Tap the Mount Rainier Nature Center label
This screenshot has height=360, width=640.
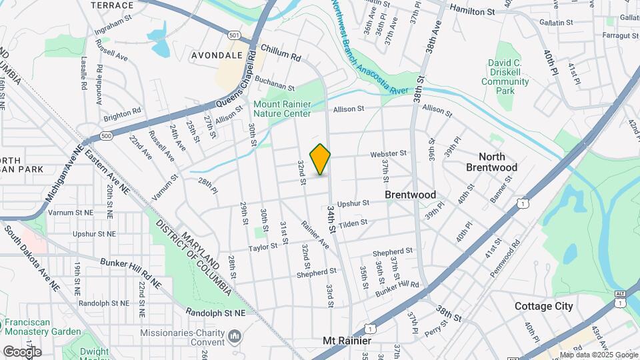click(282, 109)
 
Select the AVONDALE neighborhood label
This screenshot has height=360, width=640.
click(217, 55)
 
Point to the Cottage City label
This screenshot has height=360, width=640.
click(543, 307)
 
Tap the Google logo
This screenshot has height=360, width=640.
click(21, 351)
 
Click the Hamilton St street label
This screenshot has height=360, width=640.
click(472, 11)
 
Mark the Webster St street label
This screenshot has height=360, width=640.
click(389, 153)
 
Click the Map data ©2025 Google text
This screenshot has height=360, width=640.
click(598, 355)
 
